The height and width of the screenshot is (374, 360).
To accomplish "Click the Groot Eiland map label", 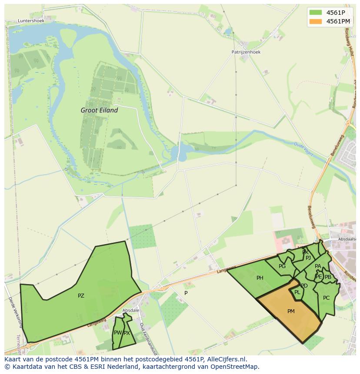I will click(99, 110).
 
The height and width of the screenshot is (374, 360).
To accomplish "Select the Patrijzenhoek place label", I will click(246, 52).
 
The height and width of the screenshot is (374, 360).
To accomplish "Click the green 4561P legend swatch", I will click(316, 12).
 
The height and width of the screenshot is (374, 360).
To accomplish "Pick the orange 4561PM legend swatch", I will click(316, 21).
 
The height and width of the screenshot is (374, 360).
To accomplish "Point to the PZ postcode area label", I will click(81, 296).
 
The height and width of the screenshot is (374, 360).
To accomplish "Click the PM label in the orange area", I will click(291, 311).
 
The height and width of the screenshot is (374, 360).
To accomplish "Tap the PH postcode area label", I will click(260, 278).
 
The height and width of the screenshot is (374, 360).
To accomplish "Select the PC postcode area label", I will click(326, 298).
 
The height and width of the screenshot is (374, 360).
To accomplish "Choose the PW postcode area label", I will click(117, 333).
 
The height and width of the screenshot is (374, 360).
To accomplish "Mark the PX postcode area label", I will click(127, 333).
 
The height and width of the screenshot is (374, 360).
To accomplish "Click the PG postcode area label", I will click(282, 266).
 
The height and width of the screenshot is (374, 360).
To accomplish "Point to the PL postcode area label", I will click(297, 292).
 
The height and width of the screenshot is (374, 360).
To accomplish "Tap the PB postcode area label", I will click(328, 277).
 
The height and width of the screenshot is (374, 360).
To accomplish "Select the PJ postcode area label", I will click(308, 258).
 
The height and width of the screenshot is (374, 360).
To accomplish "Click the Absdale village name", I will click(130, 310).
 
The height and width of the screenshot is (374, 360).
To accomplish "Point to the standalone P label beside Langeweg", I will click(186, 293).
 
